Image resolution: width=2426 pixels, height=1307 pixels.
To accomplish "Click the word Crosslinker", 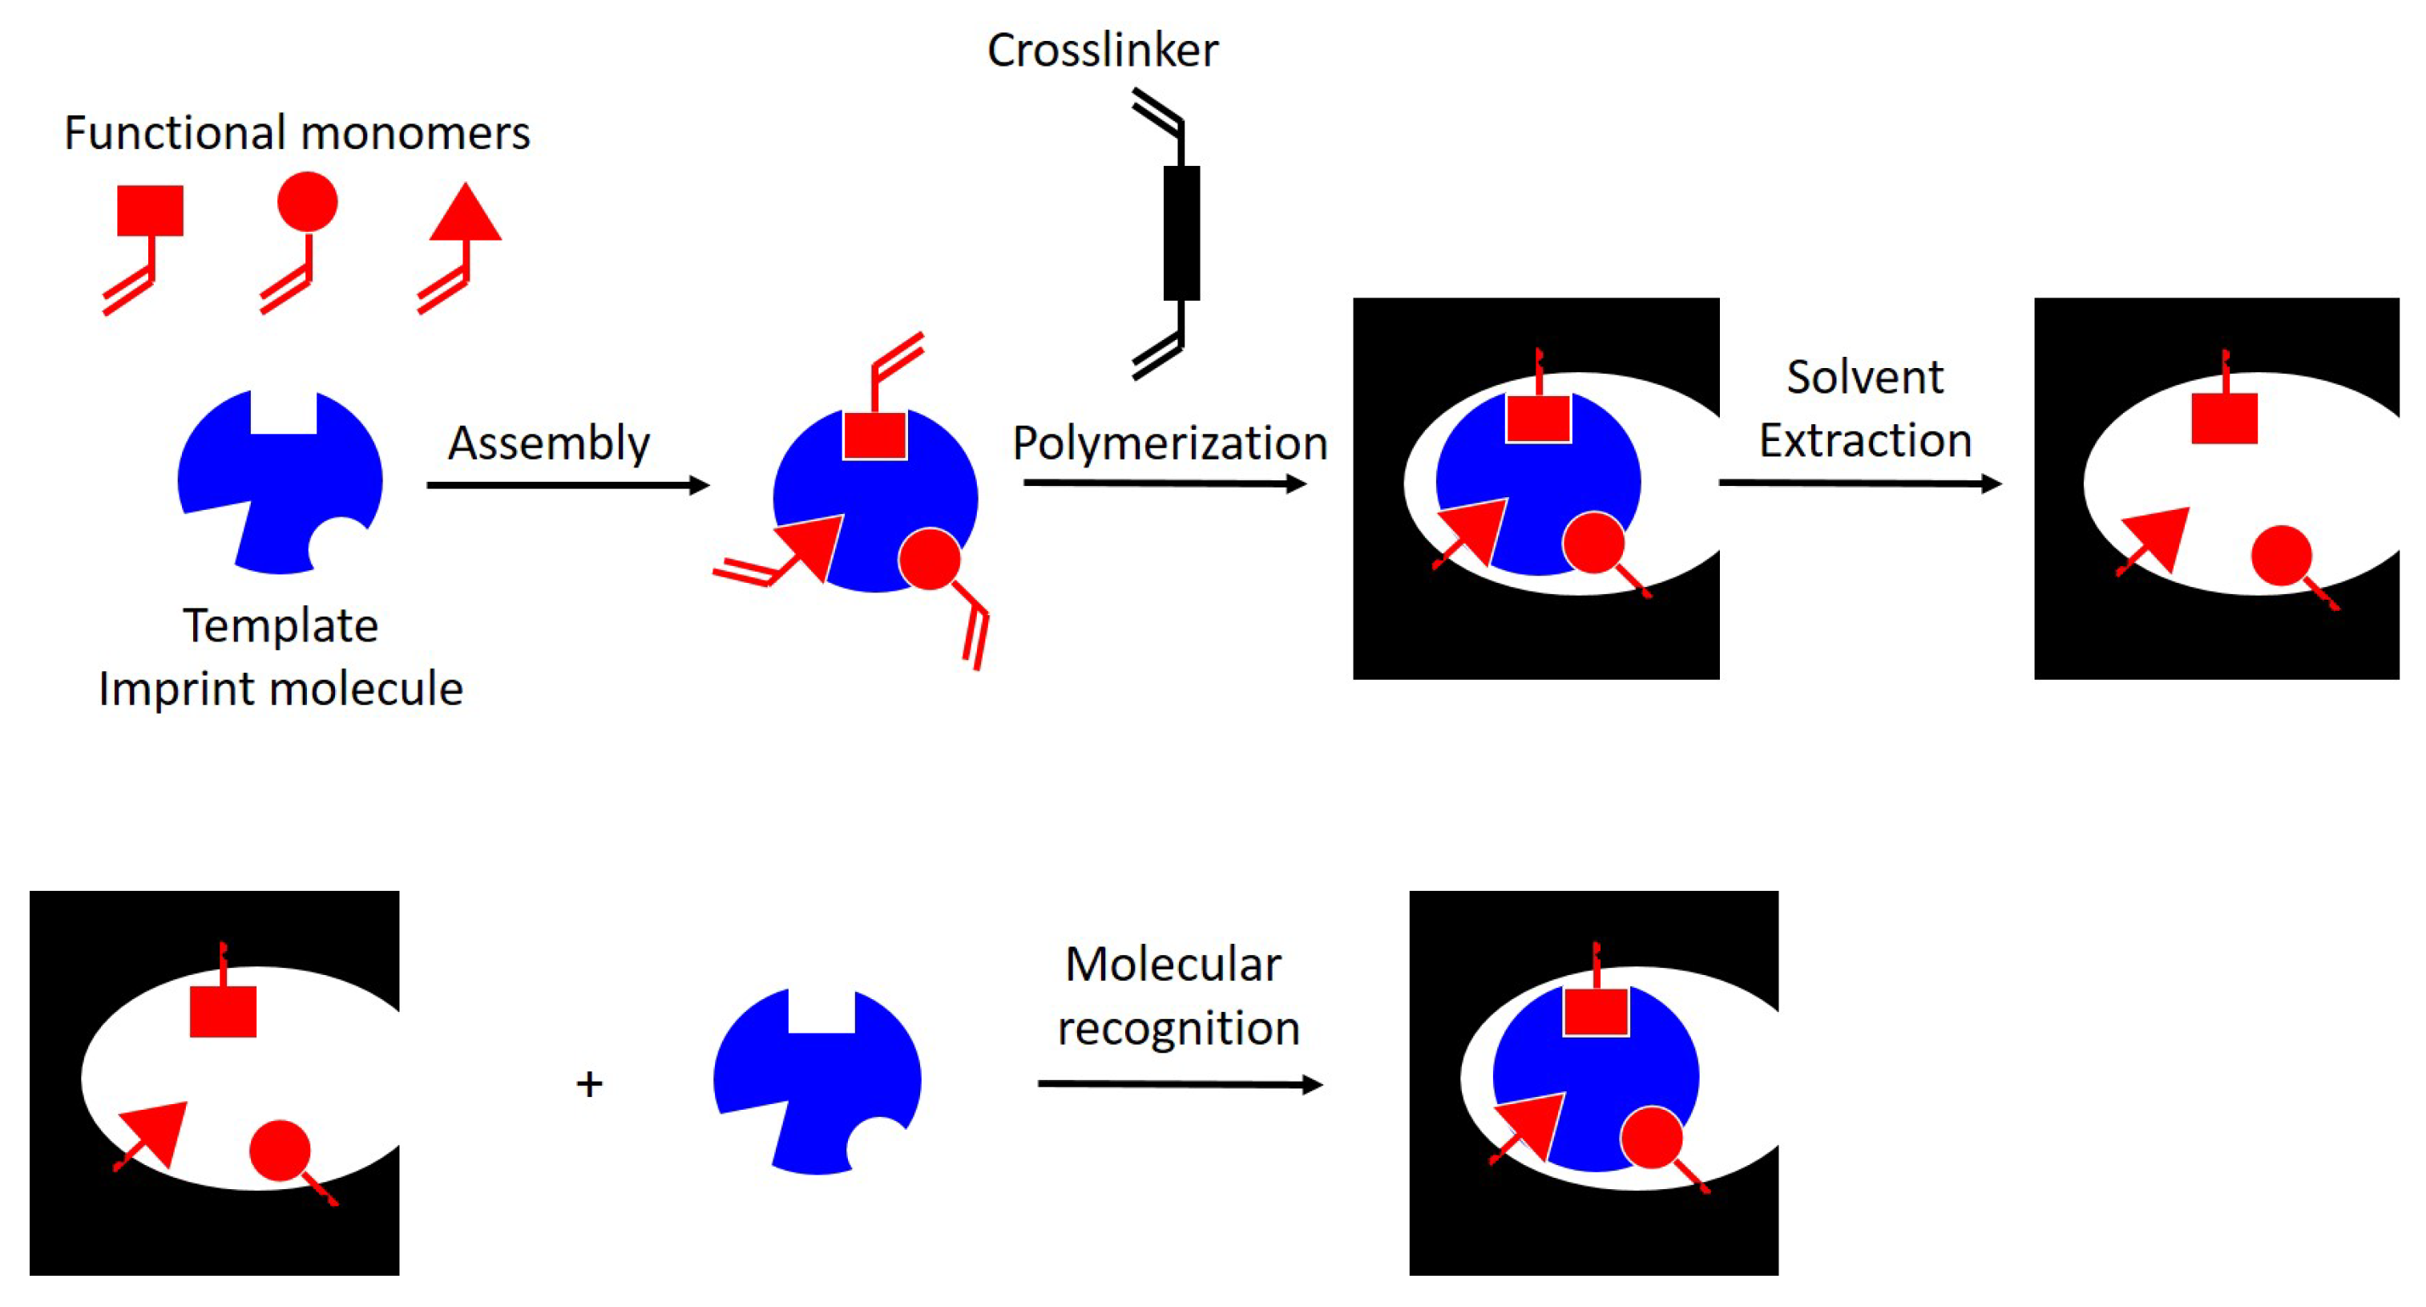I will tap(1101, 50).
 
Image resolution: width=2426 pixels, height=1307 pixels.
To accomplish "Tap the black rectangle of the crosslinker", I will tap(1181, 233).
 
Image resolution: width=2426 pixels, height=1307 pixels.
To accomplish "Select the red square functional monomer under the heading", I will tap(150, 210).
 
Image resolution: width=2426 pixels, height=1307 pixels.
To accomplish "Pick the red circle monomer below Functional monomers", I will tap(307, 201).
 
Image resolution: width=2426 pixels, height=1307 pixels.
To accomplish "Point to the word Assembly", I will tap(548, 443).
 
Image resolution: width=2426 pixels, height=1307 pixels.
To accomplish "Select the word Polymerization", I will tap(1169, 443).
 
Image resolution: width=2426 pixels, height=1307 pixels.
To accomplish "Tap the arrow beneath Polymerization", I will tap(1164, 484).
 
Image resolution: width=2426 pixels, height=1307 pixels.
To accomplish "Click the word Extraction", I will tap(1865, 440).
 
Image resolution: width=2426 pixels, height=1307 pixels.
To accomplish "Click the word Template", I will tap(281, 625).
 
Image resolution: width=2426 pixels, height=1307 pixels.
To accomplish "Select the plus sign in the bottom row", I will tap(590, 1083).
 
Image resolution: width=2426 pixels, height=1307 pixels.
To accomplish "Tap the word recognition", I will tap(1178, 1027).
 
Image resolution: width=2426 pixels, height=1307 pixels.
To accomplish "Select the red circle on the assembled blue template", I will tap(930, 559).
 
